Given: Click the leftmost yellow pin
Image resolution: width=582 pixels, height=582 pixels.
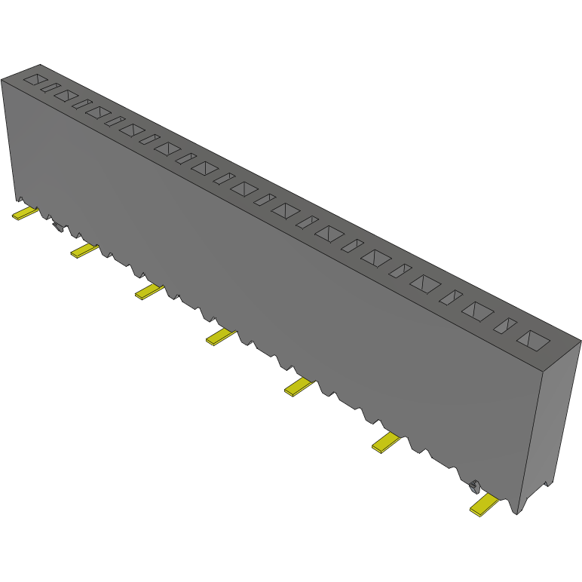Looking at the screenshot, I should click(24, 213).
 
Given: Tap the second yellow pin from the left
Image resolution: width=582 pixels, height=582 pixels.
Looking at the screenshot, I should click(84, 250).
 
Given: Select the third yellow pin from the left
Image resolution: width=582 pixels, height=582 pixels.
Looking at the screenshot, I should click(149, 291).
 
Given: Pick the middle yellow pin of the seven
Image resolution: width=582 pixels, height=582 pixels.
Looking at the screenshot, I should click(220, 337).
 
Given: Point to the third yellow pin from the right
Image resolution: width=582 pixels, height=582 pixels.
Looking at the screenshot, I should click(299, 387).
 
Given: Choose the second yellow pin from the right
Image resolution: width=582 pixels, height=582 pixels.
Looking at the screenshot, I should click(386, 443).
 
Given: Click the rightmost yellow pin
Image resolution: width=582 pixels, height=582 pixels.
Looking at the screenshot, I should click(483, 505).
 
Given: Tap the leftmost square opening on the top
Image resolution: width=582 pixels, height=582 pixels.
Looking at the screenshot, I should click(35, 78).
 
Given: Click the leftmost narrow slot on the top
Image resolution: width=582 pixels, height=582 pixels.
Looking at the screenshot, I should click(50, 87).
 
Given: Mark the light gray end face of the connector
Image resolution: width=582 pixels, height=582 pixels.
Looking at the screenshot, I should click(553, 422).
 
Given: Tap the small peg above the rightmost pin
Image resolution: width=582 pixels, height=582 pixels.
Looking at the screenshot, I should click(474, 486).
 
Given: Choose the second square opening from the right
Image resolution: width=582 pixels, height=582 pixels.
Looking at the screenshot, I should click(479, 310).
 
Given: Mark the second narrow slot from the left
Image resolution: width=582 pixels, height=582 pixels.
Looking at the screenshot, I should click(81, 103).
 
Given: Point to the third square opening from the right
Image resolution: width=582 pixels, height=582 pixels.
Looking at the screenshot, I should click(426, 283).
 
